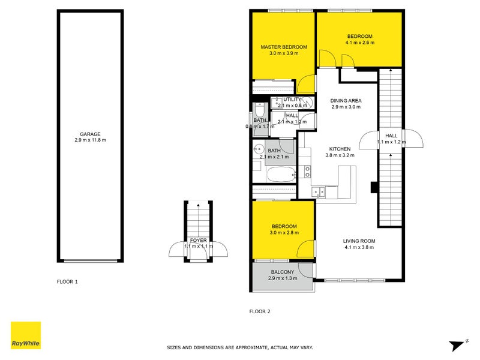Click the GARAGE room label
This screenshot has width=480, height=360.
point(90,134)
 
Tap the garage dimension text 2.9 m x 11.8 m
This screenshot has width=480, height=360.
point(90,140)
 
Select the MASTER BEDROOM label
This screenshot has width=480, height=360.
point(283,47)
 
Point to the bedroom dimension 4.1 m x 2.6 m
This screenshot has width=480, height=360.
point(359,43)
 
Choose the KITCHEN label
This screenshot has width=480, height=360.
point(340,148)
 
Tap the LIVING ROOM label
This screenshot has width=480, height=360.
point(359,240)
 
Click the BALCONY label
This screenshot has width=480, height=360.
point(282,272)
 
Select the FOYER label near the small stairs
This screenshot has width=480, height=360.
point(198,240)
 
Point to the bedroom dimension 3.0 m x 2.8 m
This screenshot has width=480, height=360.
point(283,233)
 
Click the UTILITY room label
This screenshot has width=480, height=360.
point(292,100)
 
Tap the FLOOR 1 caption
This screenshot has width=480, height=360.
point(67,281)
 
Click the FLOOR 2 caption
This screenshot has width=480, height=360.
point(260,311)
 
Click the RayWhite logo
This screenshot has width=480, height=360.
point(26,335)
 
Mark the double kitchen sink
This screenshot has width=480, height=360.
point(318,192)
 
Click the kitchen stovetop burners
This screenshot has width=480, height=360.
point(307,172)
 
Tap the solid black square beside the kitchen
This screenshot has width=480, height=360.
point(374,187)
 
